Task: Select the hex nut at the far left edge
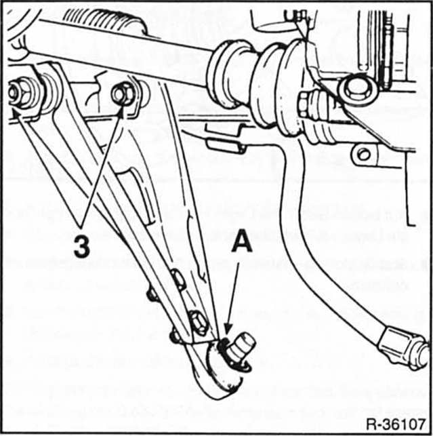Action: click(x=20, y=94)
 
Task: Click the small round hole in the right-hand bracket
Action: click(x=364, y=154)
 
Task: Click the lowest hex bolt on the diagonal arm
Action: click(x=199, y=321)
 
